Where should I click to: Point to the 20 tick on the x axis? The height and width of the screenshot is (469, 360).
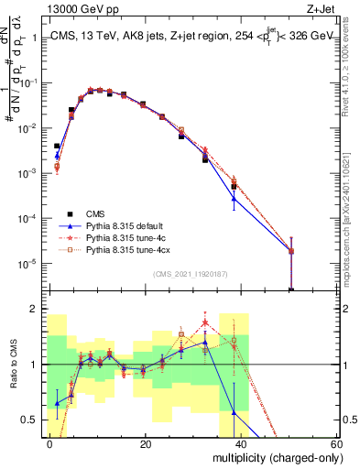pos(146,443)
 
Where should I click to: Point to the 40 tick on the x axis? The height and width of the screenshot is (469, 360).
pos(241,443)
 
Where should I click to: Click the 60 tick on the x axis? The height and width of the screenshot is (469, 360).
pos(336,443)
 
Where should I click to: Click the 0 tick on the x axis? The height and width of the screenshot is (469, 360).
pos(50,443)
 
